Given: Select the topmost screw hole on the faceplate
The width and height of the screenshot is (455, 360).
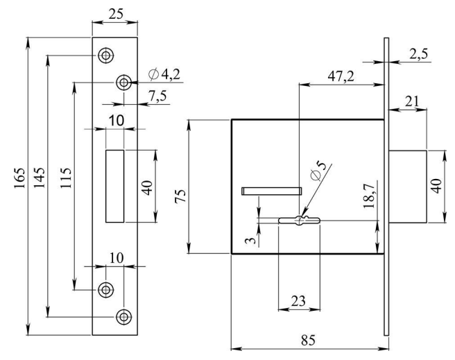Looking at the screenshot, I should tap(105, 54).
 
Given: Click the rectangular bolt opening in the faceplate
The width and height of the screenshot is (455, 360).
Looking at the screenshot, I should tap(114, 185).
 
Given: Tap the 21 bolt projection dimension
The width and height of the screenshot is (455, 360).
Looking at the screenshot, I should tap(412, 102).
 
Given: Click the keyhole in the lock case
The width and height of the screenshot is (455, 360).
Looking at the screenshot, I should tap(299, 221).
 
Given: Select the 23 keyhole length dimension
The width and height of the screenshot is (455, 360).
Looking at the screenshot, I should tap(298, 301).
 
